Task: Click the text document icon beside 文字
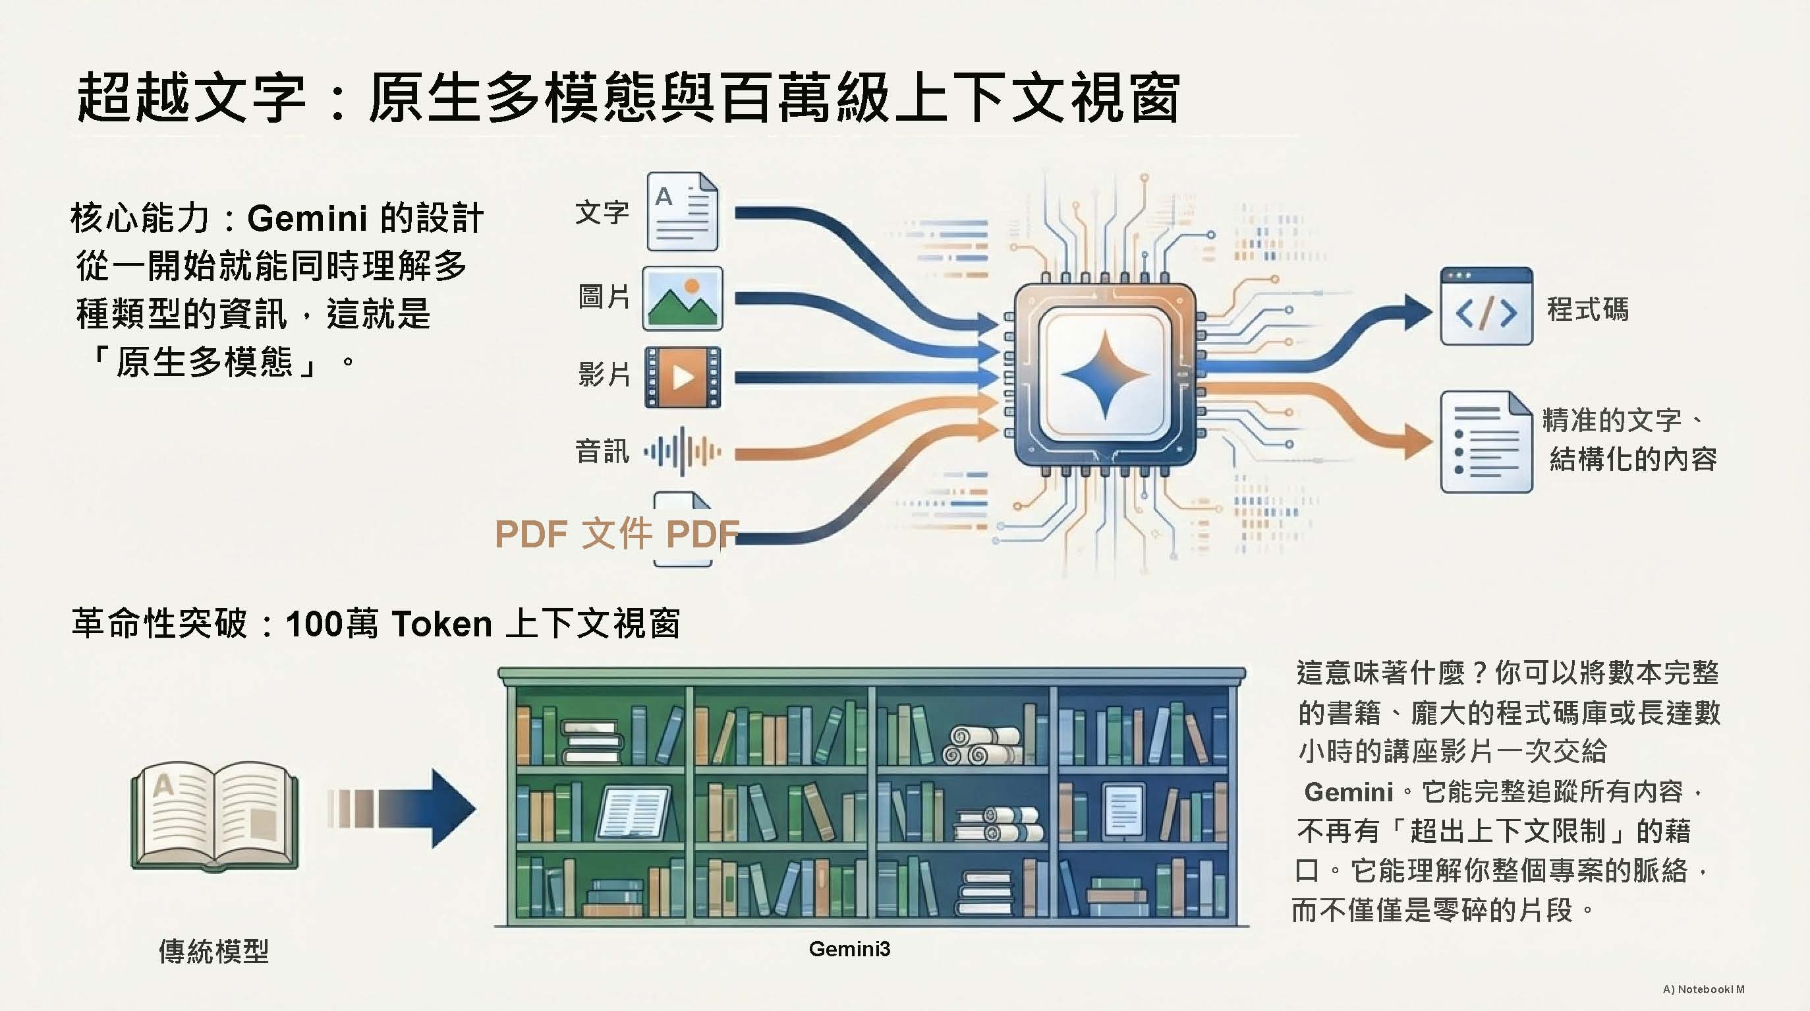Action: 682,212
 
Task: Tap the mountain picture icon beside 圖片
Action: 682,298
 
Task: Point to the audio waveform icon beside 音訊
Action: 682,450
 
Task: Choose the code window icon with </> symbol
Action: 1486,306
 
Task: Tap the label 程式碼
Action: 1587,309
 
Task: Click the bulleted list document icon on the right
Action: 1486,441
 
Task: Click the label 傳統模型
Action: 213,951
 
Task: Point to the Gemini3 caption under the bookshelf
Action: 849,948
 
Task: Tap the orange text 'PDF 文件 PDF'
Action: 617,534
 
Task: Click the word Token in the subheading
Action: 441,624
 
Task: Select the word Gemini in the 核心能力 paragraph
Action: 307,218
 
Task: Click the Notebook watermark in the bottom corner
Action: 1703,989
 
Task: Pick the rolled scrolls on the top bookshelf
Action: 981,745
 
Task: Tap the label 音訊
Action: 602,451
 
